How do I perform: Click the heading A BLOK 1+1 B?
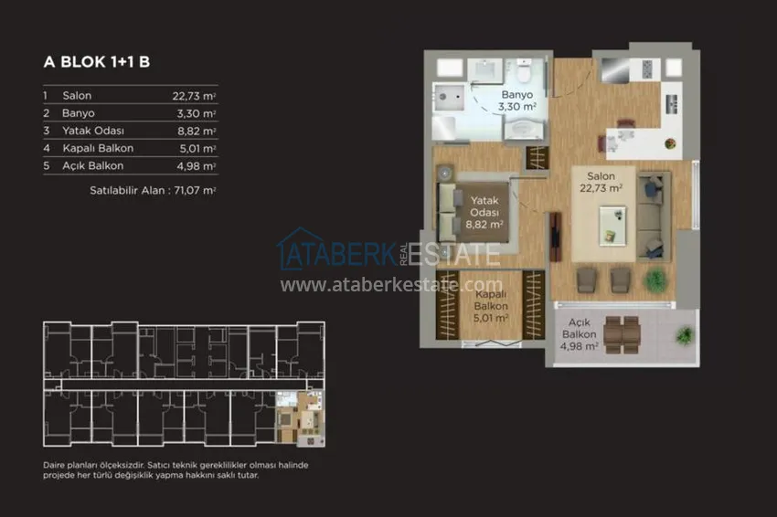pos(97,62)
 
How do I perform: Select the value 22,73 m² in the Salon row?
pos(194,96)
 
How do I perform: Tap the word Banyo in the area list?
pos(79,113)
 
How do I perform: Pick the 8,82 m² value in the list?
pos(197,132)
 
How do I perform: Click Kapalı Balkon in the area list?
pos(98,148)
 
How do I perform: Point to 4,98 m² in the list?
pos(197,166)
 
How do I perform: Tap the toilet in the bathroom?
pos(523,71)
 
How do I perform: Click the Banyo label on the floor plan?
pos(516,95)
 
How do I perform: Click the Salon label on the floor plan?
pos(601,176)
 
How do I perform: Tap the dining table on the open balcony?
pos(622,334)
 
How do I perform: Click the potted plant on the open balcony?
pos(685,336)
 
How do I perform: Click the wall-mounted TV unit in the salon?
pos(555,237)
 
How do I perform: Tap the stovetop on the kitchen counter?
pos(646,69)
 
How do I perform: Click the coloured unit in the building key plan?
pos(301,418)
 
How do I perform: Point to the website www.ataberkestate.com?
pos(391,285)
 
